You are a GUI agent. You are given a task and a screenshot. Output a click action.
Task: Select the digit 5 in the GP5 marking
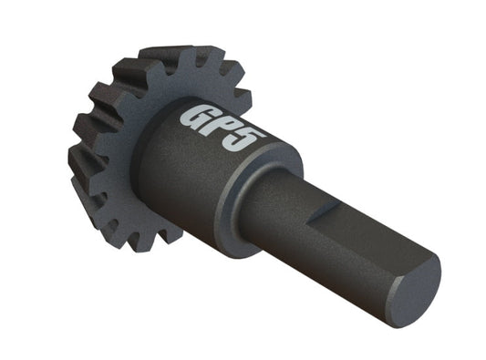pyautogui.click(x=248, y=146)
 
